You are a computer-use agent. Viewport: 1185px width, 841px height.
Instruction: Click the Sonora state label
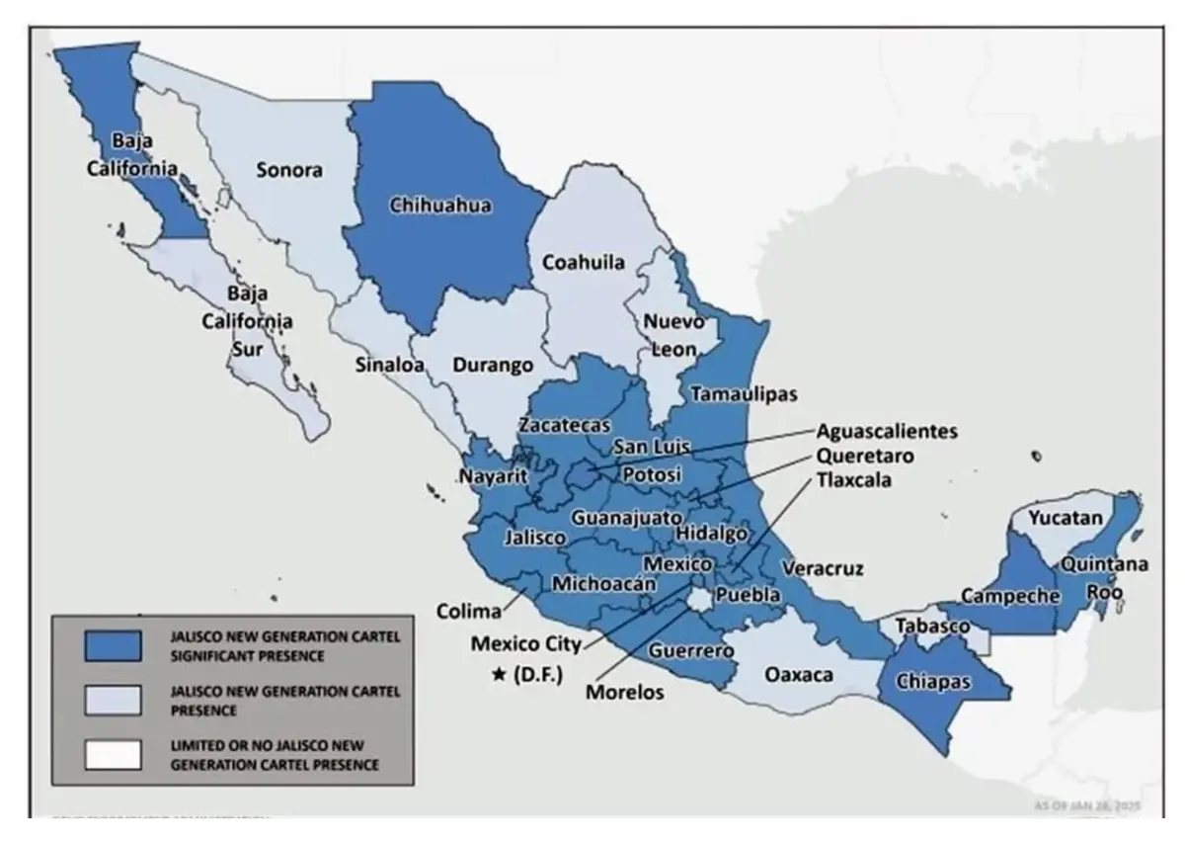tap(289, 169)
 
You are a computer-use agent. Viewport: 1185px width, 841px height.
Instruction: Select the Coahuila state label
tap(583, 263)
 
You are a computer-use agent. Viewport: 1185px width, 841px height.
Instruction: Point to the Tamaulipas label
tap(743, 393)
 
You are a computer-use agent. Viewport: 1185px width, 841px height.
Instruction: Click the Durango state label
tap(493, 365)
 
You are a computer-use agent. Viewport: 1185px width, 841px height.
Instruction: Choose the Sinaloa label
tap(389, 365)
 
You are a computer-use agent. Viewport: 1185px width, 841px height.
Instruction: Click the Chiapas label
tap(933, 681)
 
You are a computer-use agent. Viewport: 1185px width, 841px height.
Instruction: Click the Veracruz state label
tap(822, 568)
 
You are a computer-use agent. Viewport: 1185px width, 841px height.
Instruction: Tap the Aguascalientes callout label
tap(887, 432)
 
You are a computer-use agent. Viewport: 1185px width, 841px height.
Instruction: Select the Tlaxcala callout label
tap(854, 480)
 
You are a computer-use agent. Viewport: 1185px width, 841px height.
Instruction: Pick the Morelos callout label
tap(624, 692)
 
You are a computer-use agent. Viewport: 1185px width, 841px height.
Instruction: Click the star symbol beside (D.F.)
tap(499, 675)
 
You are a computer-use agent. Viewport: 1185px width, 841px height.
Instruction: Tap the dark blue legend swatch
tap(113, 644)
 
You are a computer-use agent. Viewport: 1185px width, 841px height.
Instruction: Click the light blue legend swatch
tap(113, 700)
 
